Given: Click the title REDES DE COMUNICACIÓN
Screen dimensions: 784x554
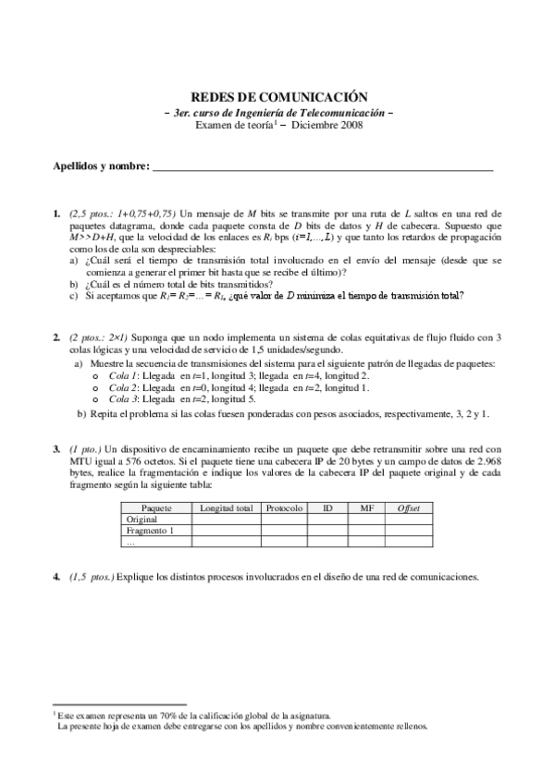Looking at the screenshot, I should click(x=278, y=96).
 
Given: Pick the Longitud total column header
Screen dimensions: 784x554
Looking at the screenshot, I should click(x=227, y=508).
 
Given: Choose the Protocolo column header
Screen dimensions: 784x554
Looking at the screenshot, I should click(x=284, y=508).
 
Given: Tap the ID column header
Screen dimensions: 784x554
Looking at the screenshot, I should click(x=327, y=508).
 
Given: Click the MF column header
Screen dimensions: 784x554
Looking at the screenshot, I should click(x=366, y=508).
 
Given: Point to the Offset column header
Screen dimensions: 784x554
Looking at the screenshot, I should click(x=408, y=508).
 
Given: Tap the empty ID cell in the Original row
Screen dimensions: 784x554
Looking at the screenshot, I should click(x=327, y=520).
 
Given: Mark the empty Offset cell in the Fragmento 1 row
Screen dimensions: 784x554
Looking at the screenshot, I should click(x=408, y=532).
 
